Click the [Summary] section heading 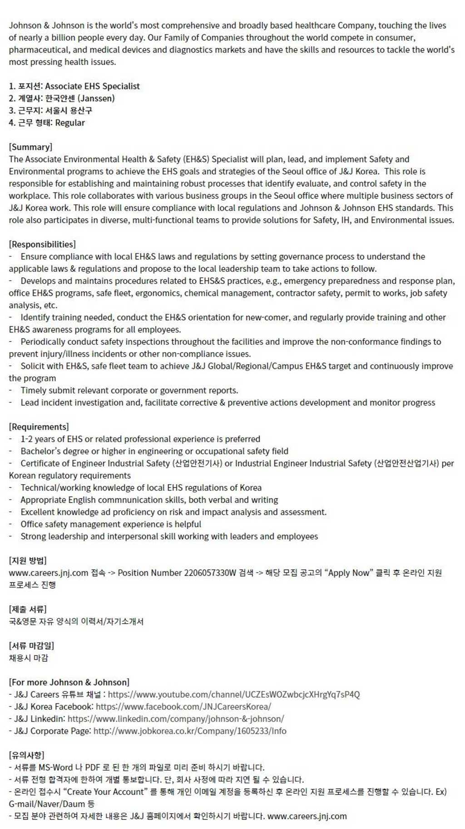30,147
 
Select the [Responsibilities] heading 42,244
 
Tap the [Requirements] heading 39,427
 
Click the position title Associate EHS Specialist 92,86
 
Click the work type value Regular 70,123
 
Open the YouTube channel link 233,694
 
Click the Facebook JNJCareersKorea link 183,706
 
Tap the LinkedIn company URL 176,719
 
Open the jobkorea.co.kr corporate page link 190,731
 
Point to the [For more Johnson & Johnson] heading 69,682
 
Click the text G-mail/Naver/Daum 47,804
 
